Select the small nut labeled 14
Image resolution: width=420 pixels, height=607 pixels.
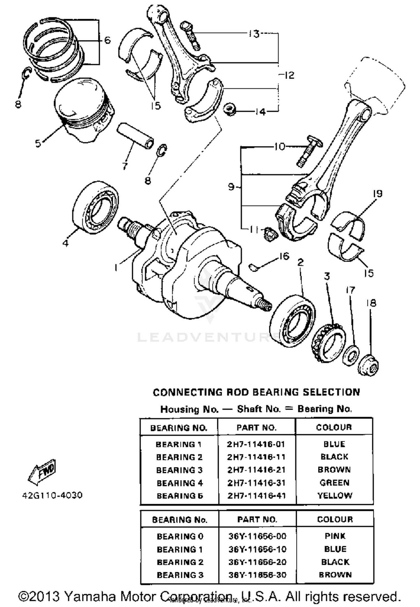pos(230,109)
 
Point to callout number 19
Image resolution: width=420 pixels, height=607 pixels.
pos(377,193)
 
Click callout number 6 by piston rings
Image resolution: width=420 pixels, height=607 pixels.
pos(108,40)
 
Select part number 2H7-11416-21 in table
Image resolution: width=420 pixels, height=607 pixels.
pos(256,470)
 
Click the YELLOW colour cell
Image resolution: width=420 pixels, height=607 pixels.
pos(335,495)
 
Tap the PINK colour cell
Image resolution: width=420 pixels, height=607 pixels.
pos(335,536)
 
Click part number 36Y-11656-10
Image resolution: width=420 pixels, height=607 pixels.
pos(257,549)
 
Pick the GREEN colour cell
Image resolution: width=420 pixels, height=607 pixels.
pos(334,483)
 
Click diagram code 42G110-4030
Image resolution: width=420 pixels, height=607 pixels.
pos(52,495)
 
